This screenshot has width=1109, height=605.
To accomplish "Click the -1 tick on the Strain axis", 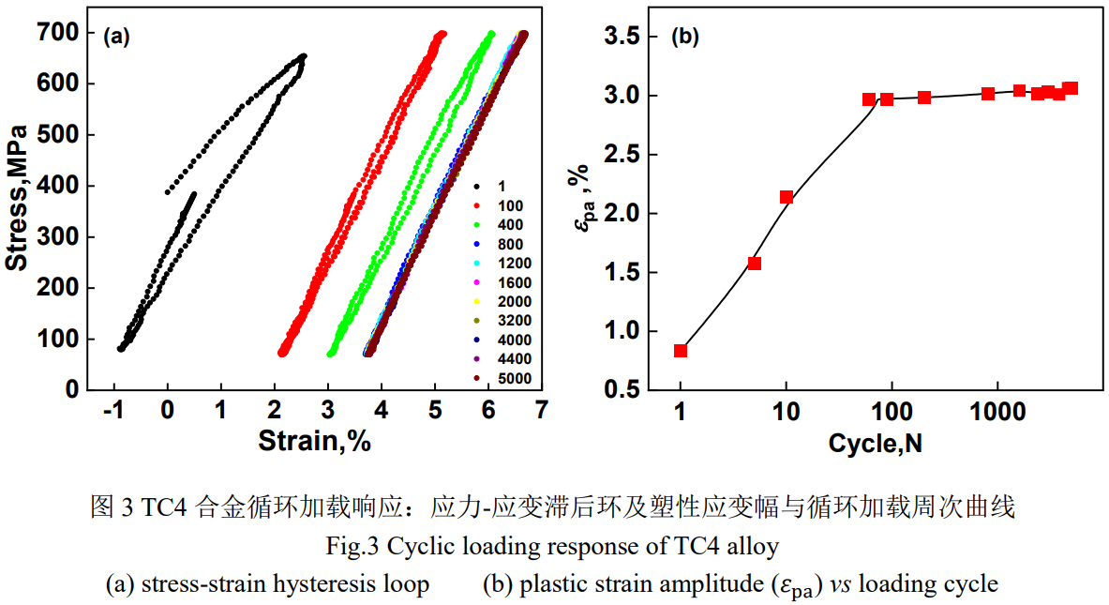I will coord(113,409).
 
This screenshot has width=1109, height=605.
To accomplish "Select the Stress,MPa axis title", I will coord(17,210).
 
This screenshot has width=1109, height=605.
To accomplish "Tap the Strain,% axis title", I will coord(314,440).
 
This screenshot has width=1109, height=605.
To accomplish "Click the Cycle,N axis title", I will coord(875,443).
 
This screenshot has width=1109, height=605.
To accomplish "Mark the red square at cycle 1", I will coord(681,351).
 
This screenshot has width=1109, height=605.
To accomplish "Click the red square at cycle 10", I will coord(787,197).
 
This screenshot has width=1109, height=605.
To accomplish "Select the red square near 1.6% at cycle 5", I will coord(755,264).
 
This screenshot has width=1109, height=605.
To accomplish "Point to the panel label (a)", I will coord(115,38).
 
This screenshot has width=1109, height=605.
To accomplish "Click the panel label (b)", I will coord(685,38).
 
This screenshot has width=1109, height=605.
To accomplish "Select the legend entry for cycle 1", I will coord(502,187).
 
